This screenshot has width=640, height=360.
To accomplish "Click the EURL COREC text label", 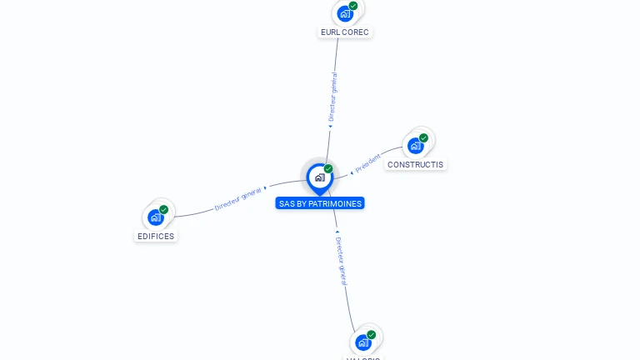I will point(344,32).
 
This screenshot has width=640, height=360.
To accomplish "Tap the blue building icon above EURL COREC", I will point(345,13).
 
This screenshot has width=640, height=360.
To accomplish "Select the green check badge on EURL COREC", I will point(353,6).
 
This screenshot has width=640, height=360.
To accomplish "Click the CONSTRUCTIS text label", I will point(415,164).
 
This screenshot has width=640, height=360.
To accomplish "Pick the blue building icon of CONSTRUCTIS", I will point(415,146).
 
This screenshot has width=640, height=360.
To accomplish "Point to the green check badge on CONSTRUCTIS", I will point(423,138).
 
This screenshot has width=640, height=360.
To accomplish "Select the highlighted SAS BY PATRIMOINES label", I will point(320,203).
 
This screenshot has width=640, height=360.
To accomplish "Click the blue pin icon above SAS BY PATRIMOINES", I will point(319,177).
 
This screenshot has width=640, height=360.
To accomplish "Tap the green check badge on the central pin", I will point(328,169).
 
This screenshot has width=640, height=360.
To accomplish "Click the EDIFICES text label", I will point(156,236).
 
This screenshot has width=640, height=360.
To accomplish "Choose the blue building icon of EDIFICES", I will point(155,217).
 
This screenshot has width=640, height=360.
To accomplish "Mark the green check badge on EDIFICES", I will point(163,210).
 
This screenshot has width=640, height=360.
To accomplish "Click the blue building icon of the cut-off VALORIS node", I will point(362,342).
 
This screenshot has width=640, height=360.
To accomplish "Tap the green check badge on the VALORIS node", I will point(371,335).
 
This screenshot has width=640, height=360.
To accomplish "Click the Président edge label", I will point(367,163).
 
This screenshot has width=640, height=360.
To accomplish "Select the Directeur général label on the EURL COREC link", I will point(333,97).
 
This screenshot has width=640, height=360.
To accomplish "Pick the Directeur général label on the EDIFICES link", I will point(238,198).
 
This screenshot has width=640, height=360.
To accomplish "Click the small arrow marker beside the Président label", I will point(352,172).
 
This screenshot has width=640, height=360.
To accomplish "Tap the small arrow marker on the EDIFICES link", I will point(265,188).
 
